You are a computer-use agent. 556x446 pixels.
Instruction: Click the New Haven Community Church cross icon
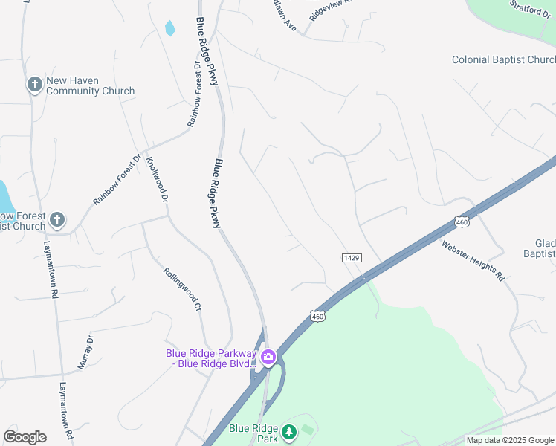coord(34,85)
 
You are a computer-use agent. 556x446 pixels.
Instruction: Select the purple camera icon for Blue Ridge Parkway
coord(268,358)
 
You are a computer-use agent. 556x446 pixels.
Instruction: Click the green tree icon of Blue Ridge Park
coord(288,431)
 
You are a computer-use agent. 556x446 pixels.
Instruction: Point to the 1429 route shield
coord(352,257)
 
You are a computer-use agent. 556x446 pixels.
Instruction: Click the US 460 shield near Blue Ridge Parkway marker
coord(317,316)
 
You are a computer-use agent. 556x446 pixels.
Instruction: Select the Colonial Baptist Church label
coord(502,59)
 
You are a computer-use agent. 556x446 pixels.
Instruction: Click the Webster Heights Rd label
coord(473,259)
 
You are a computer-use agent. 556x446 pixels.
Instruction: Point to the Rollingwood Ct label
coord(182,289)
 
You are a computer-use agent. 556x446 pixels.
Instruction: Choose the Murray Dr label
coord(85,352)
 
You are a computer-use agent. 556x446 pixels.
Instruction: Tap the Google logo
coord(25,436)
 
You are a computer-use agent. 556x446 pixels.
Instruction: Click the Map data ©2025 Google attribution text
coord(509,440)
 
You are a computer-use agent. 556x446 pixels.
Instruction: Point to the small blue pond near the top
coord(170,29)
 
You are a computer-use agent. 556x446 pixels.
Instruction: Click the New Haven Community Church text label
coord(90,85)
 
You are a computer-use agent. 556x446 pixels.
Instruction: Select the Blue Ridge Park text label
coord(253,433)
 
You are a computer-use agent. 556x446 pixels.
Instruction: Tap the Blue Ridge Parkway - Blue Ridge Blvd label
coord(211,358)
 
